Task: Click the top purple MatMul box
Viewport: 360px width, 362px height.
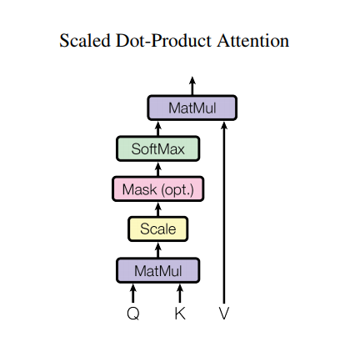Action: point(192,108)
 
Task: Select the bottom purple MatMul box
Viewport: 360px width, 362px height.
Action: point(157,270)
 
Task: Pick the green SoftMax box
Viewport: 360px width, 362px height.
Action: point(157,149)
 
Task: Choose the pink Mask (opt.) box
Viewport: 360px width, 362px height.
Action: point(157,189)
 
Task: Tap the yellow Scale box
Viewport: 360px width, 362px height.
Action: point(157,229)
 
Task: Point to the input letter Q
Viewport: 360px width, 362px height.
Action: point(133,314)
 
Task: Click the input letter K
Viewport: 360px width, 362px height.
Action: point(180,314)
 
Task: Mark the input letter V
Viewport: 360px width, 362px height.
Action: point(223,314)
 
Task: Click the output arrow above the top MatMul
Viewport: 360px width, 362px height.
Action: point(192,85)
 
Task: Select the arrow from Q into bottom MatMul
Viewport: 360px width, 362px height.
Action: point(133,292)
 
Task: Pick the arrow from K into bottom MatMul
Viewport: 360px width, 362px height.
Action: point(180,292)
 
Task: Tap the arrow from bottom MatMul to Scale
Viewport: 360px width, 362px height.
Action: point(157,249)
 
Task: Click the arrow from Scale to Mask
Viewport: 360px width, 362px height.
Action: point(157,209)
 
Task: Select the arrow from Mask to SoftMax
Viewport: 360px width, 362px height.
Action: point(157,169)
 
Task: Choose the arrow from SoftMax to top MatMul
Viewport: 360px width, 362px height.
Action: point(157,128)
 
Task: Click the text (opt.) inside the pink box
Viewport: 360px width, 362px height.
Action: point(177,190)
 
